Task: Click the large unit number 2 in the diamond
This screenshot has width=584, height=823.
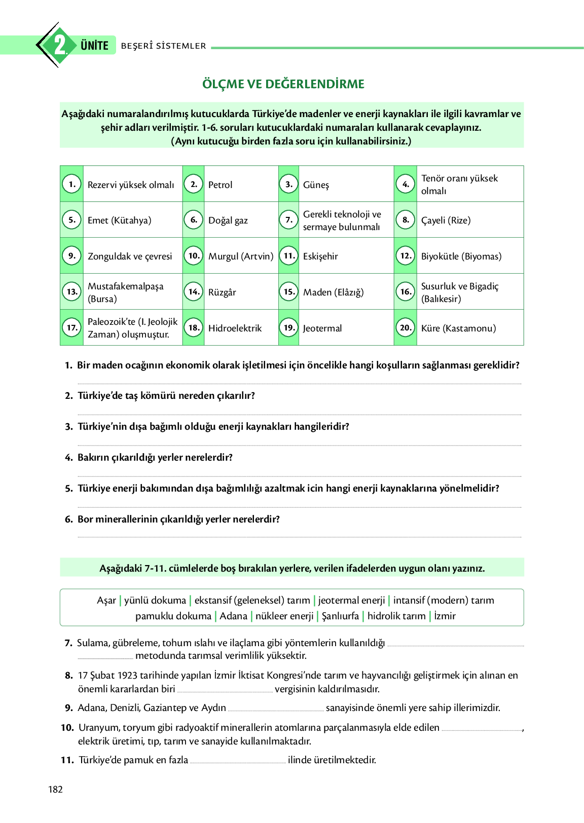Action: coord(60,45)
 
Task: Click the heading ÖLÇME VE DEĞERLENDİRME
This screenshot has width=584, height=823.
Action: coord(283,84)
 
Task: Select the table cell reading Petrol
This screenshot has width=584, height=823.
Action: coord(221,184)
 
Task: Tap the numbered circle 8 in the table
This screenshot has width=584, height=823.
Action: coord(406,220)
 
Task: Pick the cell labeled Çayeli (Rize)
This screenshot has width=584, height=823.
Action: coord(446,220)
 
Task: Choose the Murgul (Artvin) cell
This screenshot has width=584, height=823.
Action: coord(241,256)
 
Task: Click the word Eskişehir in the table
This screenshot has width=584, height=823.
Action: coord(320,256)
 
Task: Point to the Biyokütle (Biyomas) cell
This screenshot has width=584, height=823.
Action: coord(461,256)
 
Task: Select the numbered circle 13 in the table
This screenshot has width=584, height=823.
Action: coord(72,292)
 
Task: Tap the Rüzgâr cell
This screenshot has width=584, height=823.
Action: coord(222,292)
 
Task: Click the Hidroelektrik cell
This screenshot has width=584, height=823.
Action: coord(235,328)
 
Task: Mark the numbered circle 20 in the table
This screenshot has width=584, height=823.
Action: coord(406,328)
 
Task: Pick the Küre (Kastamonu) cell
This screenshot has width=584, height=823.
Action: coord(459,328)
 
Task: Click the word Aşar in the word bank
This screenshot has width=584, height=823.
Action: coord(106,601)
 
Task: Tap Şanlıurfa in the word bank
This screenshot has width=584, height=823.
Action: coord(340,616)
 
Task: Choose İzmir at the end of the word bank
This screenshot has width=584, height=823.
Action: coord(445,616)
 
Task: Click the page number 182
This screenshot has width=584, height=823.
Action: coord(55,790)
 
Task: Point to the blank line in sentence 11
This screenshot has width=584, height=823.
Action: coord(238,761)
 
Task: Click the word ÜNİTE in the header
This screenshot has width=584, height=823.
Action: coord(95,46)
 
